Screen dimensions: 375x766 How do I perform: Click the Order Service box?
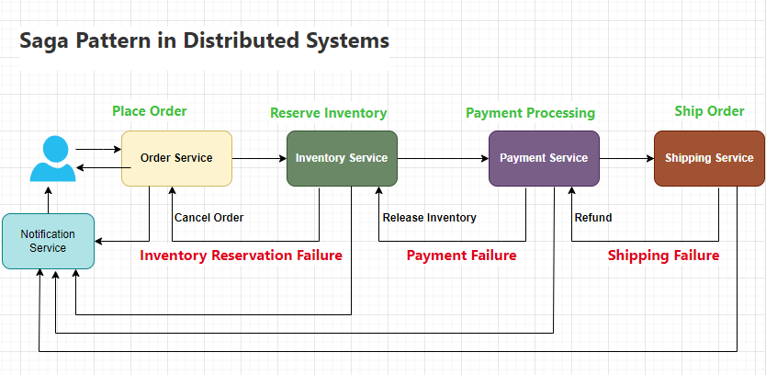click(x=176, y=158)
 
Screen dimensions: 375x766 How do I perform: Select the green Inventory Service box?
click(x=342, y=158)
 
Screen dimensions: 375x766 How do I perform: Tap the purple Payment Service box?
click(x=544, y=158)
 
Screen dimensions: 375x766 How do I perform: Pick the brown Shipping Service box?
click(x=709, y=158)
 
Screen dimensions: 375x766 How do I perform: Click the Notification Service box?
click(x=48, y=241)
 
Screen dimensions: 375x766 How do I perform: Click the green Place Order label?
click(x=150, y=111)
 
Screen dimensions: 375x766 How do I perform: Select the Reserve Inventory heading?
click(x=328, y=113)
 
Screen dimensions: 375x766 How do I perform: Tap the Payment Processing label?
click(x=530, y=113)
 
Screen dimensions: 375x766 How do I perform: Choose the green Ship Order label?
click(x=709, y=111)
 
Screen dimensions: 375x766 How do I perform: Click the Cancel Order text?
click(x=208, y=218)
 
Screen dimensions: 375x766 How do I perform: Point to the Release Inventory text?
click(x=430, y=218)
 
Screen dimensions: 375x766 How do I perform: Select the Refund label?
click(x=592, y=218)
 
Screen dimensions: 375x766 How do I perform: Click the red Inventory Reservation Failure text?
click(x=241, y=255)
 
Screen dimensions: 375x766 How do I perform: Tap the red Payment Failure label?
click(x=461, y=255)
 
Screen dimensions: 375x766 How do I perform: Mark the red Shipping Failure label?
click(x=663, y=255)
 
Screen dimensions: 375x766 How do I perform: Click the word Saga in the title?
click(x=49, y=41)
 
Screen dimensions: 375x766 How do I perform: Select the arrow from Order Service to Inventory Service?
click(x=259, y=158)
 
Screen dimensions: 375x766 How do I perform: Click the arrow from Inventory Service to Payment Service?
click(x=443, y=158)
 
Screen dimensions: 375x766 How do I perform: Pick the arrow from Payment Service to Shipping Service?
click(x=626, y=158)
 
